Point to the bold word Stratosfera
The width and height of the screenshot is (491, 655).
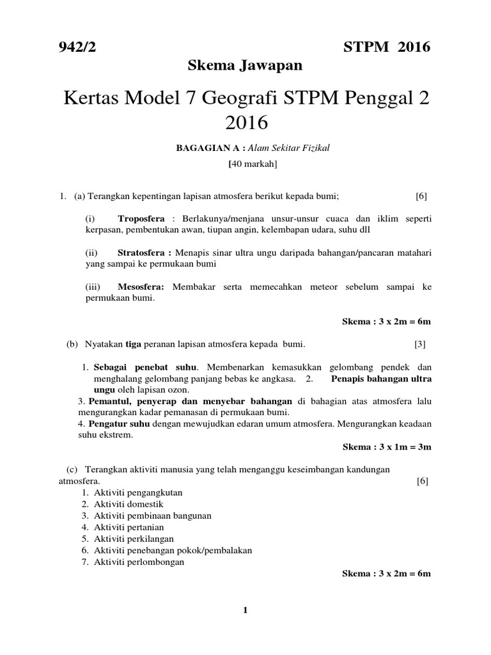click(x=144, y=253)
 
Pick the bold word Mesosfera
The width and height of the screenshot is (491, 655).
click(x=141, y=287)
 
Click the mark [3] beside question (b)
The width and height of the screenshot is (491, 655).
click(x=419, y=344)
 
